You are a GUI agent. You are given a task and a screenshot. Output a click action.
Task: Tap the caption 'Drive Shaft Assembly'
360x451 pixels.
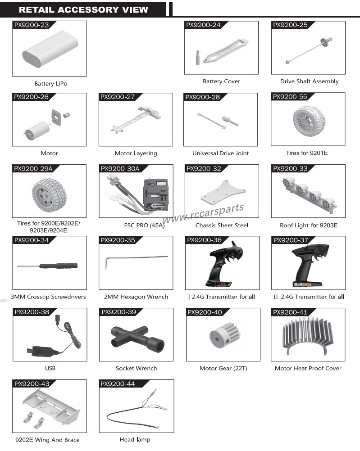click(x=309, y=81)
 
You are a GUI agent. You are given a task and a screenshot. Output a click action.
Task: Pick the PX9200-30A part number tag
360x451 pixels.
click(x=120, y=169)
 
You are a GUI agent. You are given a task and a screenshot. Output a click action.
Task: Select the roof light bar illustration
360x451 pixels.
click(x=308, y=191)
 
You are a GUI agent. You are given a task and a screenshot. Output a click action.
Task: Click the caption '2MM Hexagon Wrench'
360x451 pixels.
click(x=136, y=297)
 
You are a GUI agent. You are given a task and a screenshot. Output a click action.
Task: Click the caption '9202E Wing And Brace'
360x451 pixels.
click(x=47, y=440)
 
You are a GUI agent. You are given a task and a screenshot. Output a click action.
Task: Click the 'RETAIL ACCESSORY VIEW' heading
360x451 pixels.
click(x=83, y=9)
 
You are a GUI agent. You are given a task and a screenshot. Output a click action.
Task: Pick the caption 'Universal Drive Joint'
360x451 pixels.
click(x=220, y=153)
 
